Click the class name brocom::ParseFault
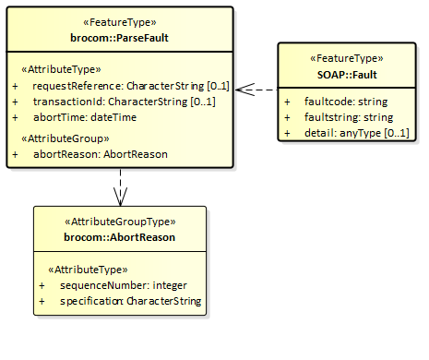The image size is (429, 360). (x=119, y=38)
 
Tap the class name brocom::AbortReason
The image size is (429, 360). (x=119, y=237)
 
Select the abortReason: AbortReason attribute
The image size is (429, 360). (x=100, y=154)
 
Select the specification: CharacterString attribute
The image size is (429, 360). (x=130, y=302)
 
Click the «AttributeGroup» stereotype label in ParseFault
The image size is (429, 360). (x=59, y=138)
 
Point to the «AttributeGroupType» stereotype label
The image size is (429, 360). (x=119, y=222)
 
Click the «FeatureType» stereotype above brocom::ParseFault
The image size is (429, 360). (x=119, y=22)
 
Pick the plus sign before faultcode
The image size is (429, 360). (x=287, y=101)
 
